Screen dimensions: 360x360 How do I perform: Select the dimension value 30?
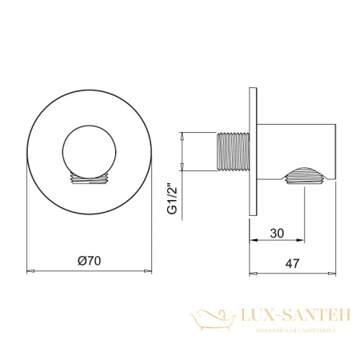(x=277, y=233)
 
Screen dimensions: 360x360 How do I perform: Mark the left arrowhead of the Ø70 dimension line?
(x=30, y=271)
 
